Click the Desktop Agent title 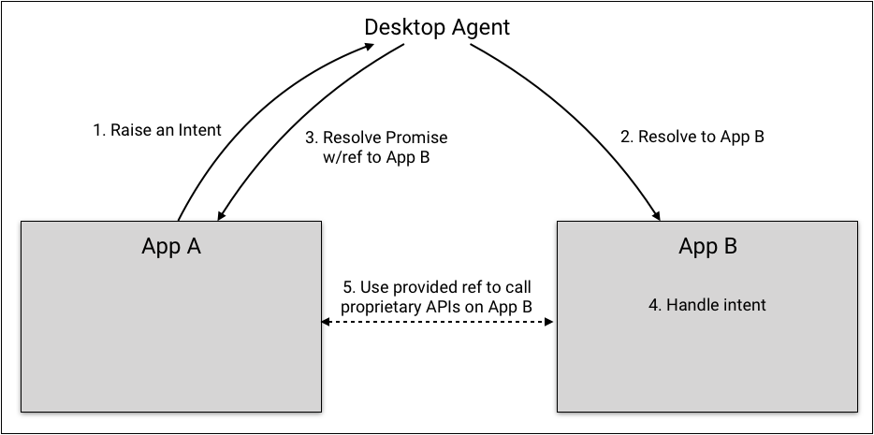tap(437, 27)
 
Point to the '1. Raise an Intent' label tap(157, 131)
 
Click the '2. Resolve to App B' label tap(692, 137)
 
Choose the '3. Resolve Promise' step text tap(376, 138)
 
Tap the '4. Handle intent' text tap(707, 305)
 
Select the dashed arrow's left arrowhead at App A tap(325, 322)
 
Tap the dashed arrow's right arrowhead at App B tap(551, 322)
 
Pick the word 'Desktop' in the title tap(402, 27)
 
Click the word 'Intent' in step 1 tap(199, 131)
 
